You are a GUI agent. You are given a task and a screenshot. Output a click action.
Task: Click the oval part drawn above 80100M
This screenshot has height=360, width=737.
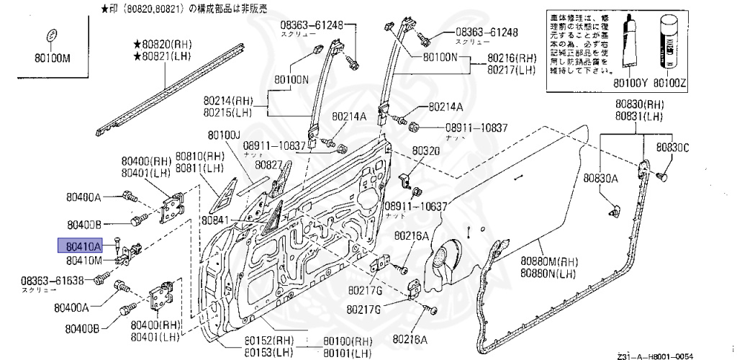point(51,36)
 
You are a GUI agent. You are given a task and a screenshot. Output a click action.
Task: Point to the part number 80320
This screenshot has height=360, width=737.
point(425,151)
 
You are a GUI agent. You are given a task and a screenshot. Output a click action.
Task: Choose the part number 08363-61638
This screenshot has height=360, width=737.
point(53,281)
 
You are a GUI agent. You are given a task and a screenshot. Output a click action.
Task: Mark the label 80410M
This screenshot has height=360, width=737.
point(83,260)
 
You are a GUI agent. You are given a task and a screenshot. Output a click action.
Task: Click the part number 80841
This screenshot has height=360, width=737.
point(215,220)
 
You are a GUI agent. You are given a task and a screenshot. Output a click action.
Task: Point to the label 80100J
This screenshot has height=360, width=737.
point(224,135)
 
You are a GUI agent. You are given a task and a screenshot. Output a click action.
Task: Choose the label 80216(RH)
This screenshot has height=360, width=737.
point(511,58)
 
